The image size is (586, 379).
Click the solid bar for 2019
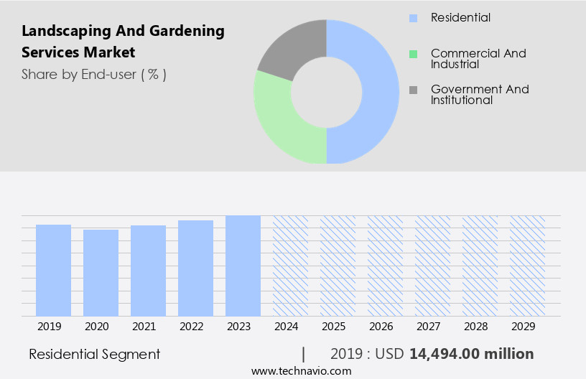click(x=53, y=271)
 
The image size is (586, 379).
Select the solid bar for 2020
click(x=101, y=273)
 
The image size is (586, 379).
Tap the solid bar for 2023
click(x=243, y=266)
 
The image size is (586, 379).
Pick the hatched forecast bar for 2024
click(x=290, y=266)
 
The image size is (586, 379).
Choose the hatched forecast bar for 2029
click(x=527, y=266)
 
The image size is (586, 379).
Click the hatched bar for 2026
click(x=385, y=266)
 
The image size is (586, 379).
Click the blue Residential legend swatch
click(x=413, y=18)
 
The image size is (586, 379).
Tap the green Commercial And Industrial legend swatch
click(x=413, y=54)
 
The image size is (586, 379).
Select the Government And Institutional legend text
click(x=479, y=95)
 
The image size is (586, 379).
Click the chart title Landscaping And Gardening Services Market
click(x=123, y=42)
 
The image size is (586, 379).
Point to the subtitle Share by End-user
click(x=93, y=74)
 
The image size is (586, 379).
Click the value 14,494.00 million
click(x=471, y=354)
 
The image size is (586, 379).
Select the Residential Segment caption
click(x=94, y=354)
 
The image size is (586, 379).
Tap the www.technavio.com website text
click(x=301, y=371)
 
